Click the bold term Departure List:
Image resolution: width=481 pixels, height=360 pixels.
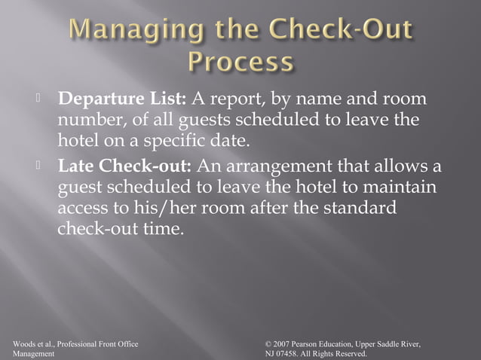point(124,100)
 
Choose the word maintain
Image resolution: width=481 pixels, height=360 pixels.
point(402,187)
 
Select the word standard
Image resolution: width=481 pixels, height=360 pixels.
point(359,208)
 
